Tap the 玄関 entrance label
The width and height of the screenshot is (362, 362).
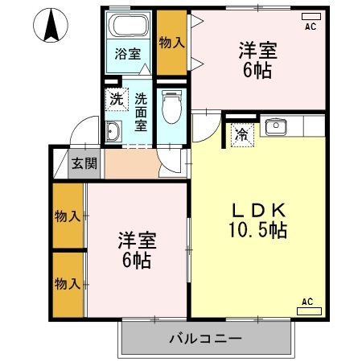point(84,163)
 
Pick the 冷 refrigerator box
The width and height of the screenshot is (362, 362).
point(240,134)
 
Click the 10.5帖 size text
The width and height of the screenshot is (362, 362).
point(259,230)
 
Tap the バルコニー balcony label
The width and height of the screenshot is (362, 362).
point(205,338)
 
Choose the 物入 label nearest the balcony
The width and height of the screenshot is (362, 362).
point(67,283)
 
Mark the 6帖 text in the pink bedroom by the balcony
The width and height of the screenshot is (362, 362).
point(137,260)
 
